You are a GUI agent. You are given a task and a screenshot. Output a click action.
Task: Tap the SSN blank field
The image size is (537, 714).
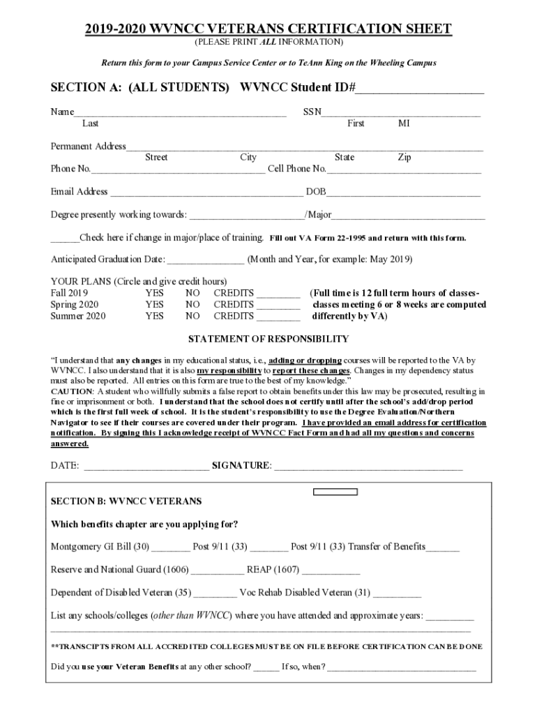400,112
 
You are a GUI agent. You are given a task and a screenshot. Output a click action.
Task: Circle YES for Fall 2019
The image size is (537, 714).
155,294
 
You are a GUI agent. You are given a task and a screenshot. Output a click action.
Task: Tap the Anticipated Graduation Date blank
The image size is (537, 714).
206,260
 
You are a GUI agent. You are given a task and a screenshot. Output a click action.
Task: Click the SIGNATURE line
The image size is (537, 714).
368,466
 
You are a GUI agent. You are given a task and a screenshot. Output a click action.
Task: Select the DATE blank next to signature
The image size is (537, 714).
145,466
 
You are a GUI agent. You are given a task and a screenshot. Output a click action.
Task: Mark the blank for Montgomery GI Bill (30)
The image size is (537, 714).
170,547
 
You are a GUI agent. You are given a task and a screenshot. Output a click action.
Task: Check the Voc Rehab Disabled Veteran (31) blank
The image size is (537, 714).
398,594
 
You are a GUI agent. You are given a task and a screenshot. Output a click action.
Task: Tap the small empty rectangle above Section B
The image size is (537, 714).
335,492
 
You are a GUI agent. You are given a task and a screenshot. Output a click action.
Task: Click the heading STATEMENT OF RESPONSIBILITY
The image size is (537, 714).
268,340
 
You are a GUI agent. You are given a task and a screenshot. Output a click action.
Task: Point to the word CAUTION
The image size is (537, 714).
70,392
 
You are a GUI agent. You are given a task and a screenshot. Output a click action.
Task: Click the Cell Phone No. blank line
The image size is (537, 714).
404,169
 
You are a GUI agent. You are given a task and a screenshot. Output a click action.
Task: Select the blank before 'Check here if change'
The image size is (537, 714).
65,238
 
